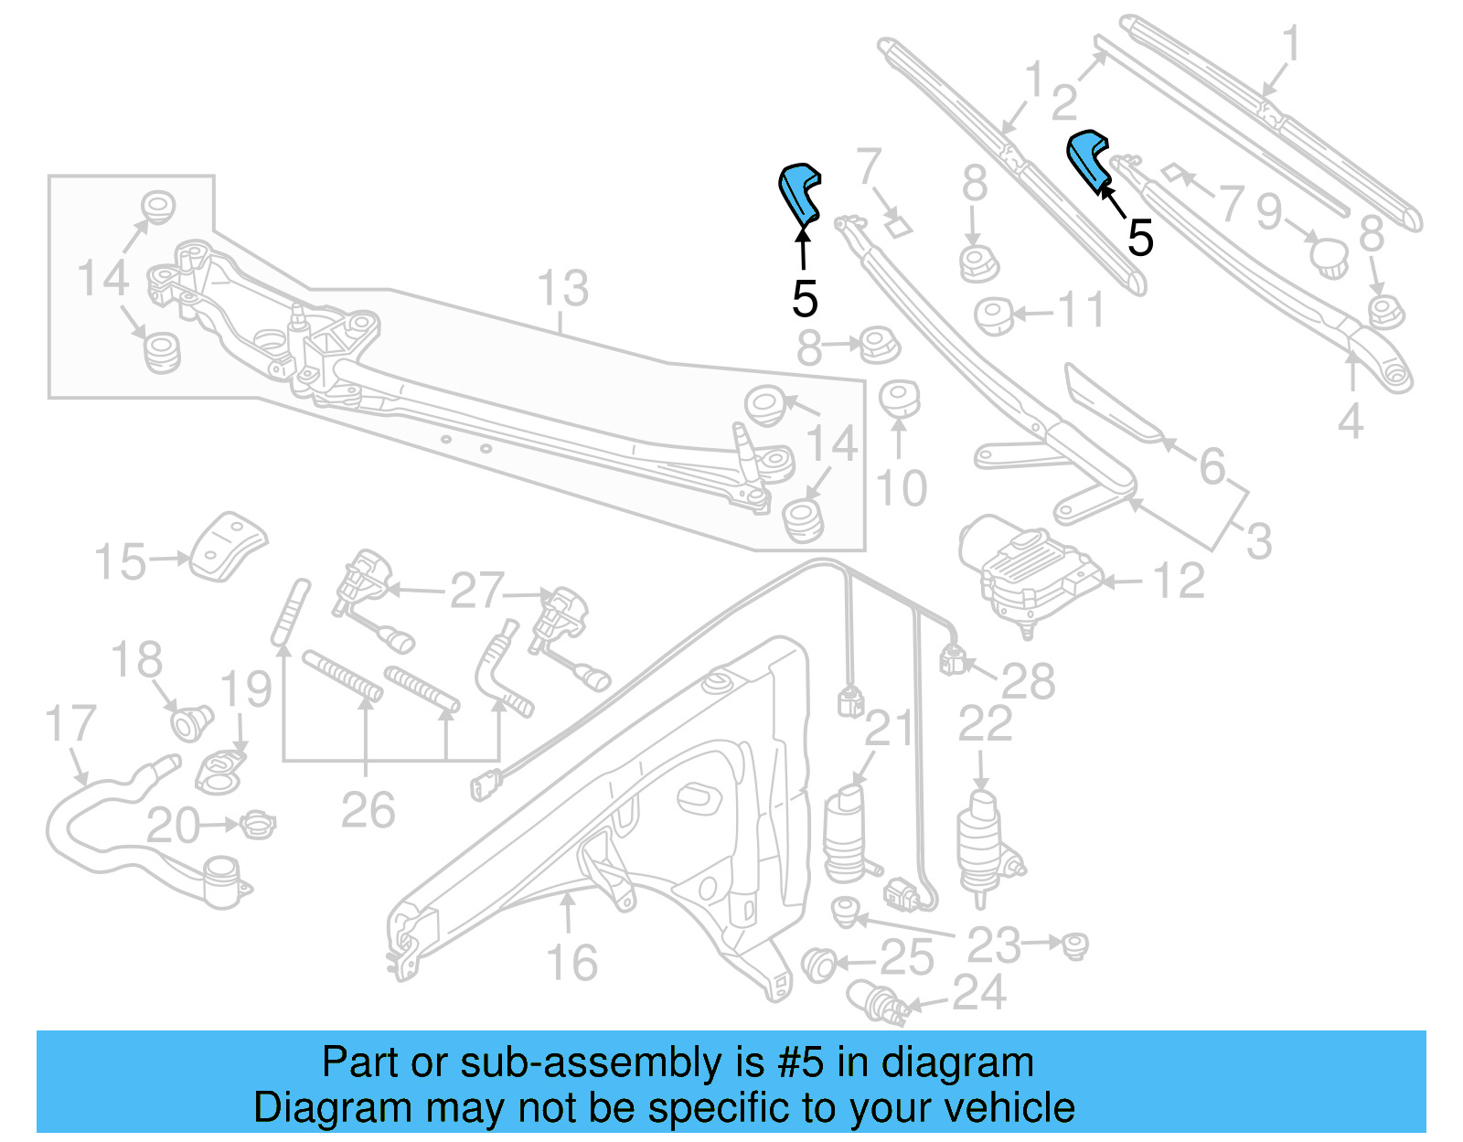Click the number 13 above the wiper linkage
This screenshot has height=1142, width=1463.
click(562, 289)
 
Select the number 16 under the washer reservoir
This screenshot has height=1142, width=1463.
click(571, 963)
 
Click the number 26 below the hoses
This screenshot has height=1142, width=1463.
click(368, 810)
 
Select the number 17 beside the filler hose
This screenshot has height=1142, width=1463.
click(70, 723)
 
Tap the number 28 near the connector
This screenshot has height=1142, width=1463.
click(1028, 681)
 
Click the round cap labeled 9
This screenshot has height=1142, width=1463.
click(1329, 255)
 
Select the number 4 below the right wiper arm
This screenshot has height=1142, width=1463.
click(1350, 422)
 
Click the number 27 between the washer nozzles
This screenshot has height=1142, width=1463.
click(476, 591)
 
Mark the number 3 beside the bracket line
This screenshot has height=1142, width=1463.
click(1259, 541)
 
